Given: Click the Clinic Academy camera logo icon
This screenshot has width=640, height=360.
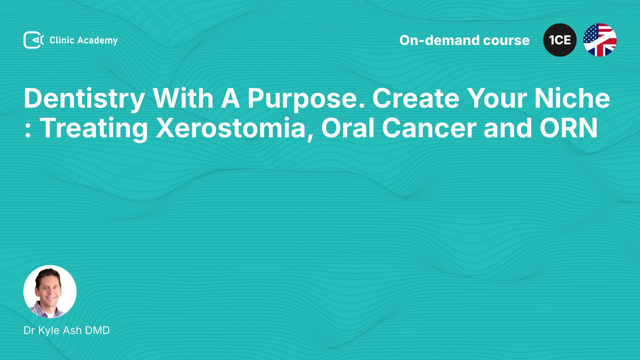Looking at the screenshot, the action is click(34, 40).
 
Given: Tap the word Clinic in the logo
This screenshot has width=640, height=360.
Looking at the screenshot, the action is click(62, 40).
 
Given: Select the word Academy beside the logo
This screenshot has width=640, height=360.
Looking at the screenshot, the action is click(98, 41).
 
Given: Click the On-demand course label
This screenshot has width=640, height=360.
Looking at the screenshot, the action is click(464, 40).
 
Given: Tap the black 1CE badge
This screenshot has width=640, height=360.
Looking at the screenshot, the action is click(560, 40).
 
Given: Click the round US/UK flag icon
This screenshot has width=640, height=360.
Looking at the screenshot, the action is click(600, 40).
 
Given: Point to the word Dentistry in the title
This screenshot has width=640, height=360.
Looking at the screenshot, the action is click(84, 99).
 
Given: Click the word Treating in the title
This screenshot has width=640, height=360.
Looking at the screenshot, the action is click(94, 128).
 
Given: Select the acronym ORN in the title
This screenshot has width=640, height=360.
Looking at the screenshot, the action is click(569, 128).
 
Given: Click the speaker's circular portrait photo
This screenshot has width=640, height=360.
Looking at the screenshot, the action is click(50, 292).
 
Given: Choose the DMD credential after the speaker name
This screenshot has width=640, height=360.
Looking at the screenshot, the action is click(97, 330).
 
